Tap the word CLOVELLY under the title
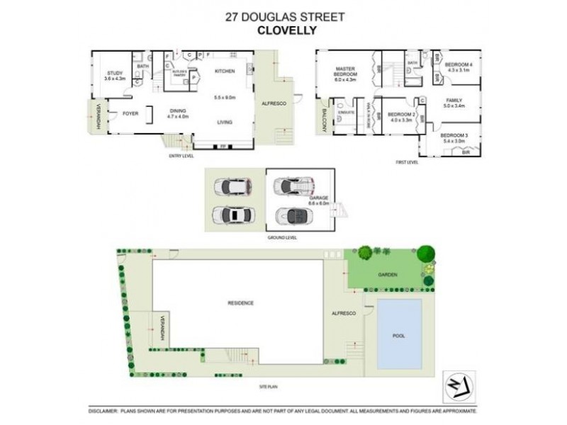[x=282, y=30]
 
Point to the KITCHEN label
[x=225, y=72]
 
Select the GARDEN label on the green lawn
[x=387, y=274]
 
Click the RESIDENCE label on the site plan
[x=241, y=303]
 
